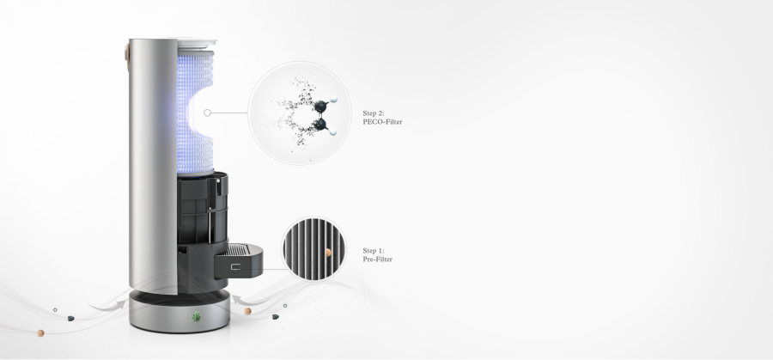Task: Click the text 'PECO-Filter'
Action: pos(382,122)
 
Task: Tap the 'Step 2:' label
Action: pos(374,113)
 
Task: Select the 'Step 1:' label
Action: pos(374,251)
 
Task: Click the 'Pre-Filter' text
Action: pos(378,259)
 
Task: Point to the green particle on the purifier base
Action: pos(196,316)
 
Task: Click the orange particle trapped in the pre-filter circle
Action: pos(328,253)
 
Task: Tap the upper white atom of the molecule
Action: pos(334,100)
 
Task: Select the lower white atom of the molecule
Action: pos(332,131)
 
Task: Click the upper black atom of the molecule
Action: pos(320,106)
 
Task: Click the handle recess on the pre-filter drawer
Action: pos(235,268)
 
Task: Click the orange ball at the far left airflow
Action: pos(41,333)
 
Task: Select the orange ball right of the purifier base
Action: pos(248,311)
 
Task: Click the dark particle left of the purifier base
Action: pos(71,319)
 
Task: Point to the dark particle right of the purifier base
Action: pos(276,316)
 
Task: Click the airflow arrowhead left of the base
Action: pos(119,305)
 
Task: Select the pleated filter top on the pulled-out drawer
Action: pos(237,251)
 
